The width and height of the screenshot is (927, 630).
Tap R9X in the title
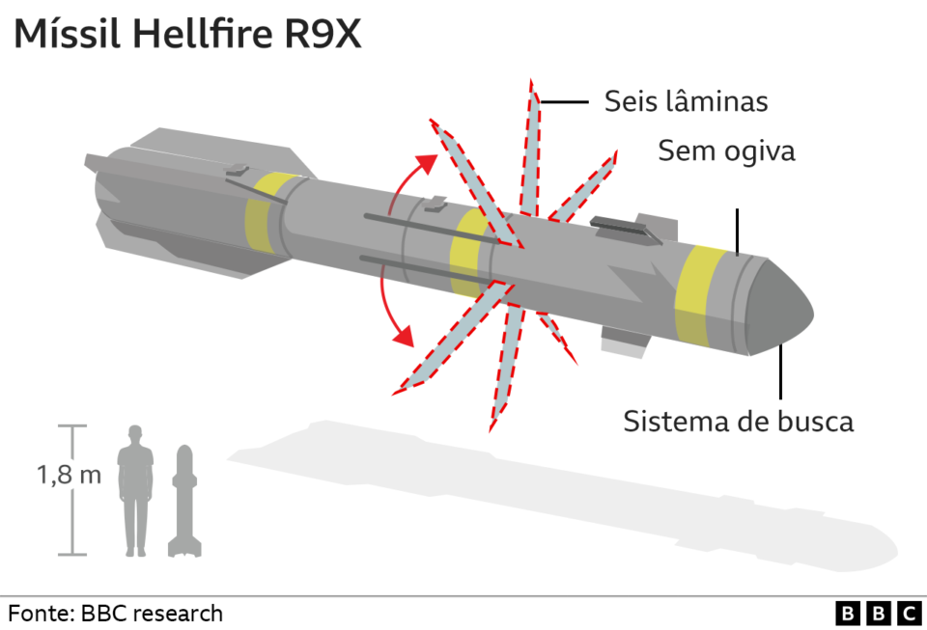click(x=323, y=34)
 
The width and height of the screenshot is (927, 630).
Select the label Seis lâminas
click(x=686, y=101)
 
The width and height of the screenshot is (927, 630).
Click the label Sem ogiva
click(x=726, y=151)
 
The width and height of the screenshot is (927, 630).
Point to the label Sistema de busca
click(x=739, y=422)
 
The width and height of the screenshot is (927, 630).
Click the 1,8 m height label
click(x=70, y=475)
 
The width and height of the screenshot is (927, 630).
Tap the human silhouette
click(x=135, y=491)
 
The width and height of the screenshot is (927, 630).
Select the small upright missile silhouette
click(x=184, y=501)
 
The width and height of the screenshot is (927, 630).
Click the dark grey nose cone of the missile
click(x=779, y=308)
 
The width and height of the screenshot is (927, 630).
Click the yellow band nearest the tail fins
click(x=264, y=211)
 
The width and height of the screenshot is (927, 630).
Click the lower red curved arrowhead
click(x=404, y=336)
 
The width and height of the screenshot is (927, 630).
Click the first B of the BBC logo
click(x=847, y=614)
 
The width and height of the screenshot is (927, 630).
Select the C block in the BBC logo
click(x=910, y=614)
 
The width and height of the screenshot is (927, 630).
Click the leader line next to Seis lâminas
click(x=564, y=102)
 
